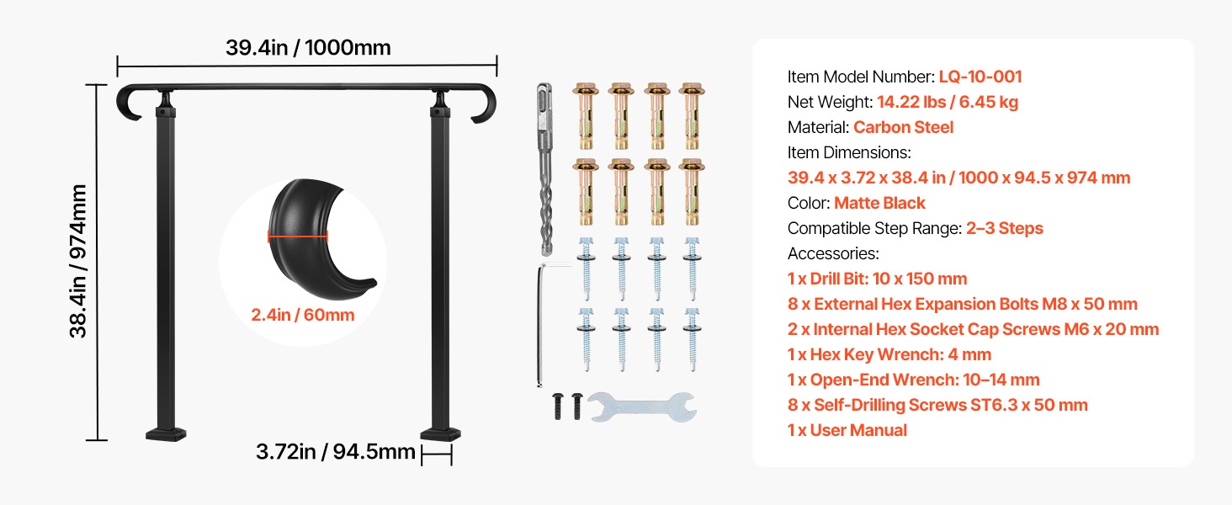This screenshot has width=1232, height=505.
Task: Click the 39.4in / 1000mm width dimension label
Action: click(x=308, y=48)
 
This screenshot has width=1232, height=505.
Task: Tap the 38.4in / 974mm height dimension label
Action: click(x=78, y=261)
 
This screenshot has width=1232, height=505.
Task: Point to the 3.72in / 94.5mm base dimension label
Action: click(x=336, y=452)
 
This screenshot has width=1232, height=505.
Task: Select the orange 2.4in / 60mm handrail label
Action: click(x=302, y=315)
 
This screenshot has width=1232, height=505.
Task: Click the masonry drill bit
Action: click(x=544, y=169)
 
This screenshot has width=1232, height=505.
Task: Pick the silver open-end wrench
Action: click(x=642, y=407)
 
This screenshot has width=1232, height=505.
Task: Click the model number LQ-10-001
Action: click(x=980, y=77)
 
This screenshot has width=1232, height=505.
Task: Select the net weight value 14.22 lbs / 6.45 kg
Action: click(x=947, y=102)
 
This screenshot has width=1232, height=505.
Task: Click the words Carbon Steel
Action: click(x=903, y=127)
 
